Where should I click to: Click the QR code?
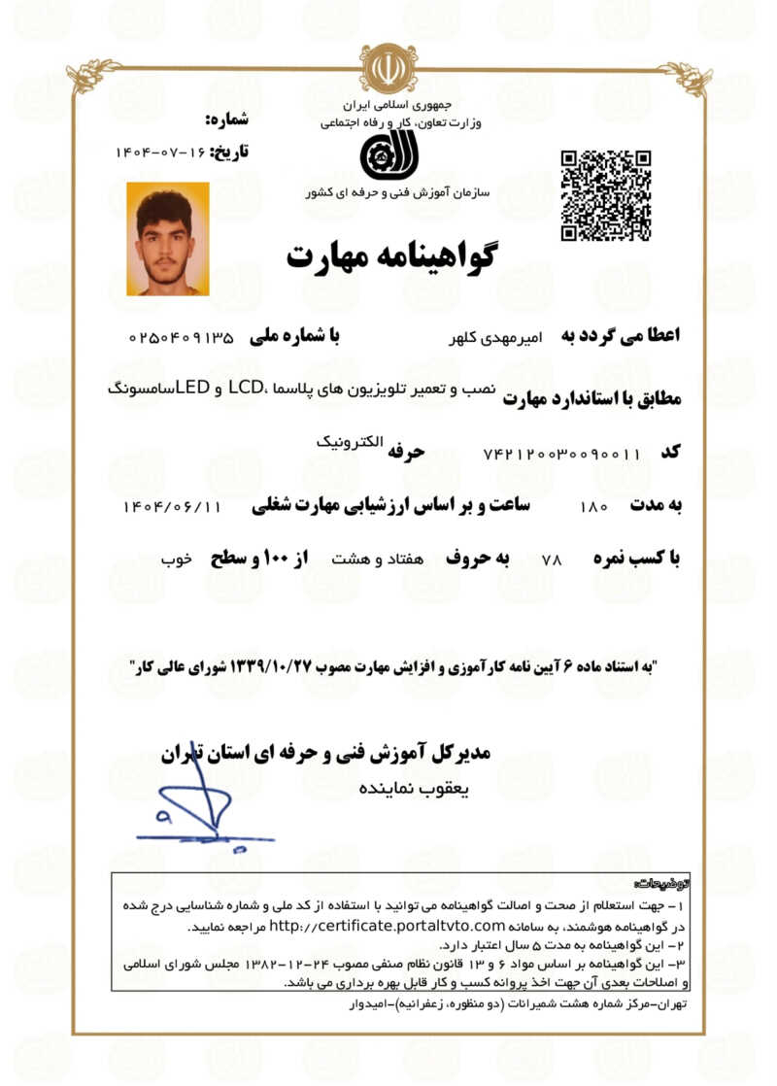tap(605, 195)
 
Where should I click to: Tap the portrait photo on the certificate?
tap(167, 239)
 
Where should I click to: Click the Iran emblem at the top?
tap(388, 68)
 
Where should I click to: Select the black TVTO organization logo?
tap(387, 155)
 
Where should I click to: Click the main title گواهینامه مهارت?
tap(390, 255)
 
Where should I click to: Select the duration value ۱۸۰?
tap(592, 507)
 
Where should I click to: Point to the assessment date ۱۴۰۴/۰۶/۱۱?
tap(174, 507)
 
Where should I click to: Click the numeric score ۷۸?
tap(552, 560)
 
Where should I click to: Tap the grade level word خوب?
tap(176, 560)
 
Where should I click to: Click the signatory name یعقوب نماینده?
tap(414, 788)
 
